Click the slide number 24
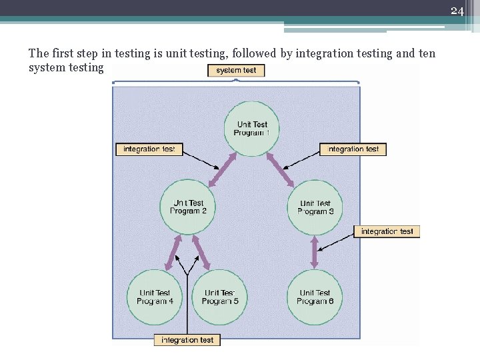tap(457, 11)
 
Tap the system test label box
tap(236, 70)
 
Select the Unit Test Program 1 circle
tap(252, 129)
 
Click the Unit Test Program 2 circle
tap(188, 207)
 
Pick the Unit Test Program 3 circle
tap(315, 207)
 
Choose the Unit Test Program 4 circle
tap(155, 297)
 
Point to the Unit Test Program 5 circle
tap(219, 297)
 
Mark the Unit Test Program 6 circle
tap(315, 297)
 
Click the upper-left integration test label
tap(149, 149)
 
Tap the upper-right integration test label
tap(353, 149)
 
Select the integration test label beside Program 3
tap(387, 231)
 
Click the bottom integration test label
tap(187, 340)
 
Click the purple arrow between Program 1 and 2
tap(223, 171)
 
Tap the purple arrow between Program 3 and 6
tap(315, 253)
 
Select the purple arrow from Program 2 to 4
tap(172, 253)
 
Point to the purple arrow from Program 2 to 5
tap(202, 253)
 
